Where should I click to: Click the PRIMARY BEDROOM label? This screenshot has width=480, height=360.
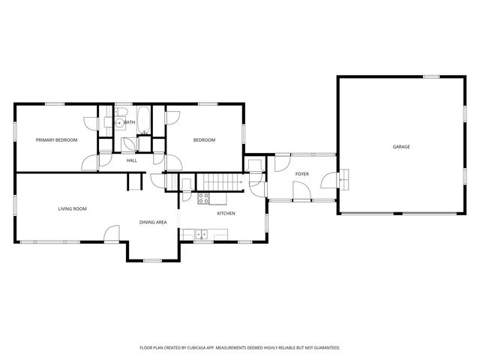57,140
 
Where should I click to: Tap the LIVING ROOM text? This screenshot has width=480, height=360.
73,208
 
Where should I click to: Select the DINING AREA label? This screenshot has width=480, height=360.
153,222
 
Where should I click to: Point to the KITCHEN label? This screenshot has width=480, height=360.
226,214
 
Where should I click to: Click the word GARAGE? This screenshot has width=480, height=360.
401,146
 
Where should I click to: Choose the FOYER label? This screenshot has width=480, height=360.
302,174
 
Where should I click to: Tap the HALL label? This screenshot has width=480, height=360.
132,160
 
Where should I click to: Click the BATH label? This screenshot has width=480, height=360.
130,122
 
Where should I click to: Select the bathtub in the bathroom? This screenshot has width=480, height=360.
145,120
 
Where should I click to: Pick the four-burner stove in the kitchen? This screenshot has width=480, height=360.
202,198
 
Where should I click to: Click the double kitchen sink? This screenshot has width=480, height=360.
202,235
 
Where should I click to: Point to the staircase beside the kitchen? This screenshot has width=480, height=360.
217,181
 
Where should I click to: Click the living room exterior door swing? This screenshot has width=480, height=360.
111,235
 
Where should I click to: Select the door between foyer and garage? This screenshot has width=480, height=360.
328,181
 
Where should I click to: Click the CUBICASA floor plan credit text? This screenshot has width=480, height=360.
240,348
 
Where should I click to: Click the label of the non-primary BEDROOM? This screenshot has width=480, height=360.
204,140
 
